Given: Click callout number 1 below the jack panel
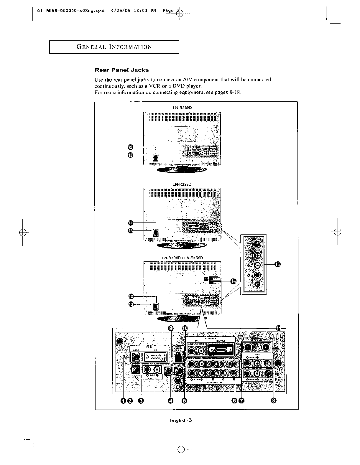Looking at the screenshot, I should tap(124, 400).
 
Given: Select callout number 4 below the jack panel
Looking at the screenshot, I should tap(170, 400).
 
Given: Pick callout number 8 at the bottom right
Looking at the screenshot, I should tap(274, 400).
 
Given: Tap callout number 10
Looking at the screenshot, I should tap(185, 328).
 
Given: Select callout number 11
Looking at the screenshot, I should tap(279, 328).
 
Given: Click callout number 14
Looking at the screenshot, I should tap(234, 281).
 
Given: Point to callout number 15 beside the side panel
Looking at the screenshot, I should tap(277, 264).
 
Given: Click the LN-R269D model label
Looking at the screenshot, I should tap(182, 108).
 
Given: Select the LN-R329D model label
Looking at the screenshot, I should tap(182, 184).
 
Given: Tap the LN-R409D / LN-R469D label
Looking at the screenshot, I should tap(182, 258).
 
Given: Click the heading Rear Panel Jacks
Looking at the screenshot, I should tap(121, 70).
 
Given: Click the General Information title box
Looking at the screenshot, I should tap(114, 47).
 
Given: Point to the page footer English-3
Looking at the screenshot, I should tap(181, 421).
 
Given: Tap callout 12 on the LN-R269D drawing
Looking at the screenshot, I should tap(131, 147).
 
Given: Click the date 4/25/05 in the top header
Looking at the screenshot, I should tap(120, 11).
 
